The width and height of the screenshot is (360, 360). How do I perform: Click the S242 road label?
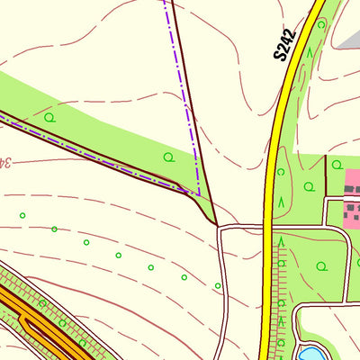[285, 44]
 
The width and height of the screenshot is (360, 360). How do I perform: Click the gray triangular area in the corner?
[346, 31]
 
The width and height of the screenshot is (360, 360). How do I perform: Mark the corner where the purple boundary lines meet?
[198, 192]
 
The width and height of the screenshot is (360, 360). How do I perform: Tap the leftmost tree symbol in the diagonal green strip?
[49, 116]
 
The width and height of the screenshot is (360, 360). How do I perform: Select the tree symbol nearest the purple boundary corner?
[168, 157]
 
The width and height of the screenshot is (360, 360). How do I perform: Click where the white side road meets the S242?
[267, 225]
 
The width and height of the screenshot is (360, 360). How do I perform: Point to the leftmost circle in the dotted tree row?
[22, 215]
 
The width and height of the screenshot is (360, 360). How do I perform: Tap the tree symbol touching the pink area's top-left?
[337, 165]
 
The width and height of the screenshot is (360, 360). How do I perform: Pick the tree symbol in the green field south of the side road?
[322, 266]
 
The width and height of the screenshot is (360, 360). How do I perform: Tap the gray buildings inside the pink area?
[351, 212]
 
